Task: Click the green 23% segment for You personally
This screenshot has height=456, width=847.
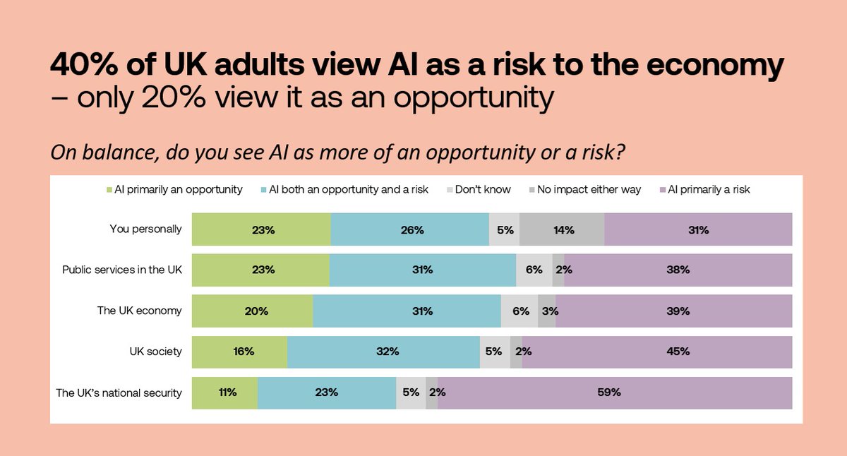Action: click(x=261, y=229)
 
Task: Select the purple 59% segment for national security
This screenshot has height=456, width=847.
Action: click(x=614, y=392)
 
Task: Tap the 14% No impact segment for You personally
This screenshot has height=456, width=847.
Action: click(x=562, y=229)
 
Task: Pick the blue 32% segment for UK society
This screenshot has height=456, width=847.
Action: click(x=383, y=352)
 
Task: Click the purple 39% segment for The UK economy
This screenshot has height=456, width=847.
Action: click(x=674, y=311)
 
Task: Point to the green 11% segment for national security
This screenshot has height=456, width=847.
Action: click(x=224, y=392)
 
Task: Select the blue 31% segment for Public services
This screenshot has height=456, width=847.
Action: click(x=423, y=270)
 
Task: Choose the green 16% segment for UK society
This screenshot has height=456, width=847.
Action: click(x=239, y=352)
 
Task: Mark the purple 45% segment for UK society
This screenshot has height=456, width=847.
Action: click(x=657, y=352)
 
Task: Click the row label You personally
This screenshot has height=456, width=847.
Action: click(x=146, y=229)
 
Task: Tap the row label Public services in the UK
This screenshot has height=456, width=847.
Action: click(x=122, y=270)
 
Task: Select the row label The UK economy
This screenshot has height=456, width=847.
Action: click(x=140, y=311)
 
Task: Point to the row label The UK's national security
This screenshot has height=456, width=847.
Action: click(x=119, y=392)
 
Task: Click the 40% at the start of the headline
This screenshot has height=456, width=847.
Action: click(x=79, y=66)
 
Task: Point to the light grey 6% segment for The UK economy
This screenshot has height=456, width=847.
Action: click(x=519, y=311)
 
